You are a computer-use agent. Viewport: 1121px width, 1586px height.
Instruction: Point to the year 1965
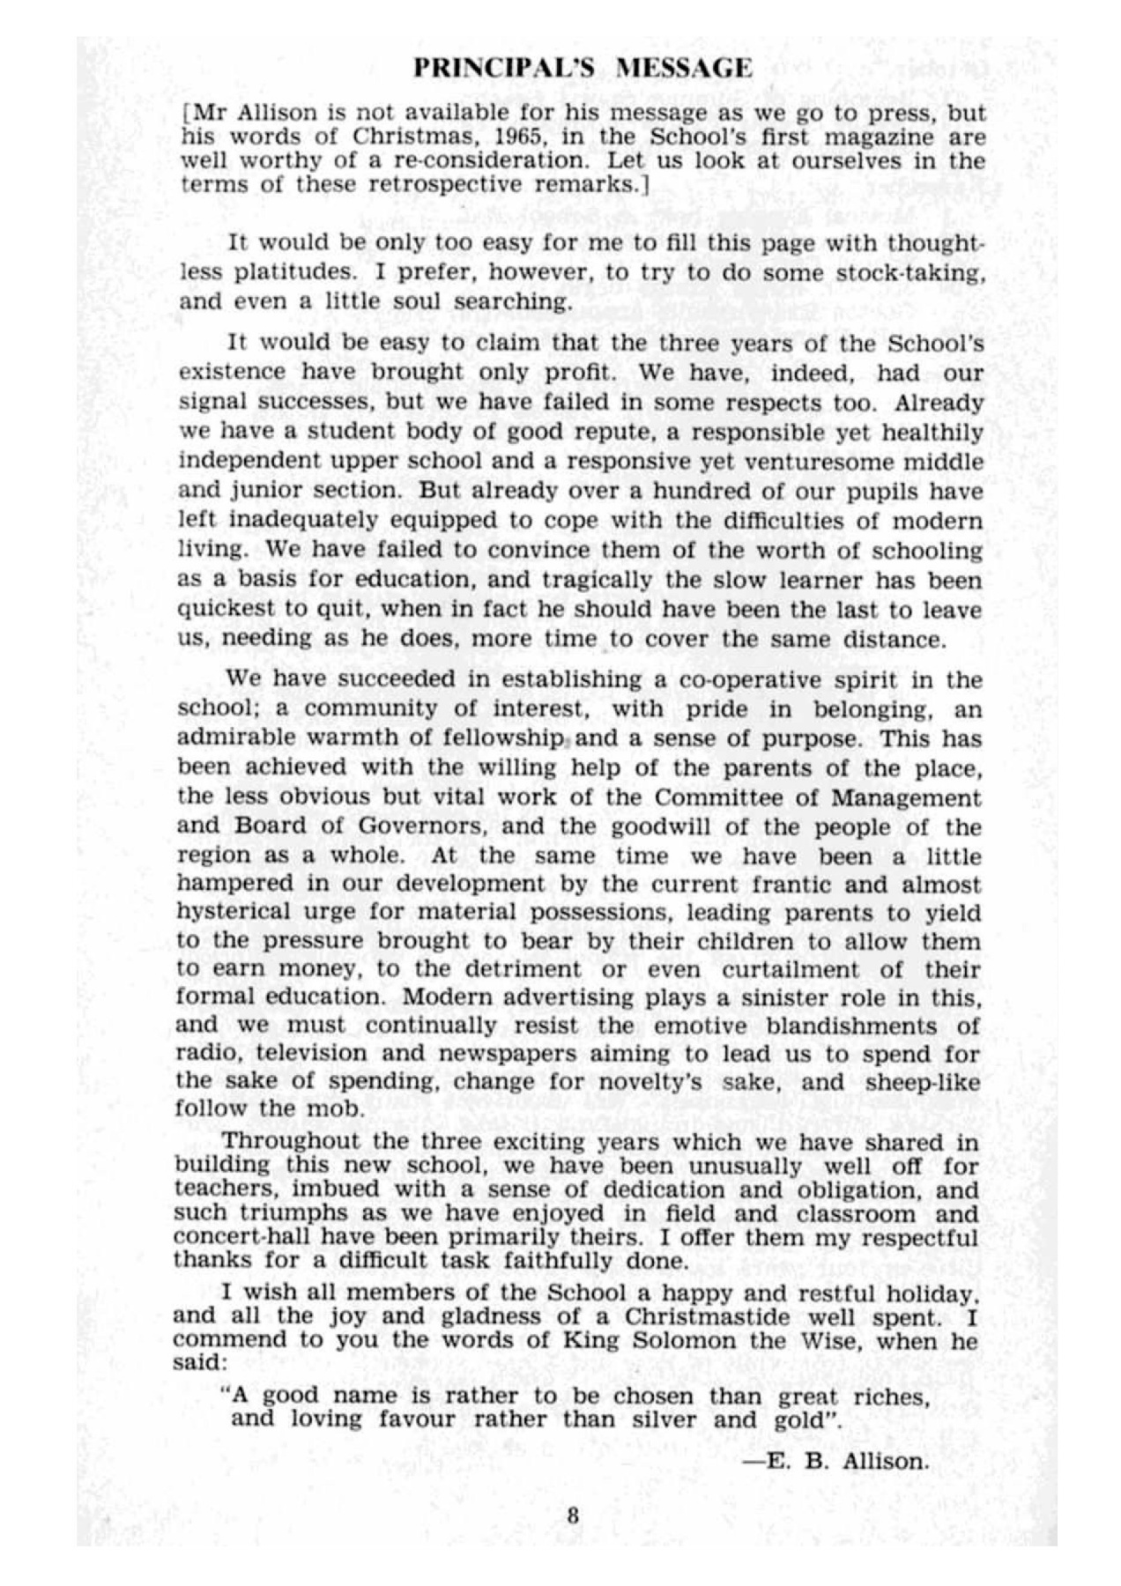[520, 137]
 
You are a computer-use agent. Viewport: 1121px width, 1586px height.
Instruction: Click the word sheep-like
[924, 1082]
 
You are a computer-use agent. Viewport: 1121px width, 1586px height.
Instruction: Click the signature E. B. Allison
[837, 1461]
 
